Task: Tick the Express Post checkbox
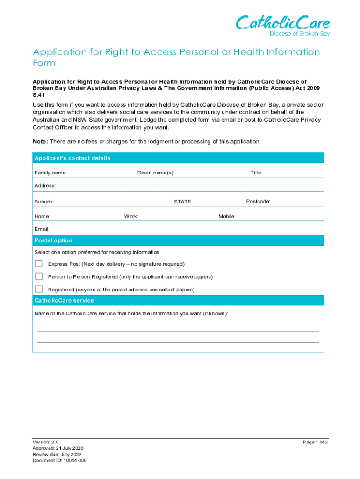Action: [x=39, y=263]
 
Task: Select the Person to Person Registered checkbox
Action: [x=39, y=276]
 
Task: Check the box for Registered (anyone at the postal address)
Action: [x=39, y=289]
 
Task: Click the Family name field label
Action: [x=50, y=173]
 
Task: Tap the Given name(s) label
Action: [x=156, y=173]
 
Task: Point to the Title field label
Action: [x=256, y=173]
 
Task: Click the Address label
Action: [x=45, y=186]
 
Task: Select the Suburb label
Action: [x=43, y=202]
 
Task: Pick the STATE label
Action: [x=183, y=202]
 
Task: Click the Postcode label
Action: [x=258, y=202]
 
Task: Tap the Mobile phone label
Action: [x=227, y=217]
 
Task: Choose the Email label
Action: [x=42, y=229]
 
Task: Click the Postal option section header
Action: [x=53, y=240]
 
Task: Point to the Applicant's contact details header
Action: [x=72, y=158]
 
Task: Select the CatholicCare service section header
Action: [x=64, y=300]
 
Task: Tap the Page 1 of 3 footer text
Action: [x=315, y=442]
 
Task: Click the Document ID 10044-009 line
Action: [x=59, y=460]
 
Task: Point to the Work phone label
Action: [x=131, y=217]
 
